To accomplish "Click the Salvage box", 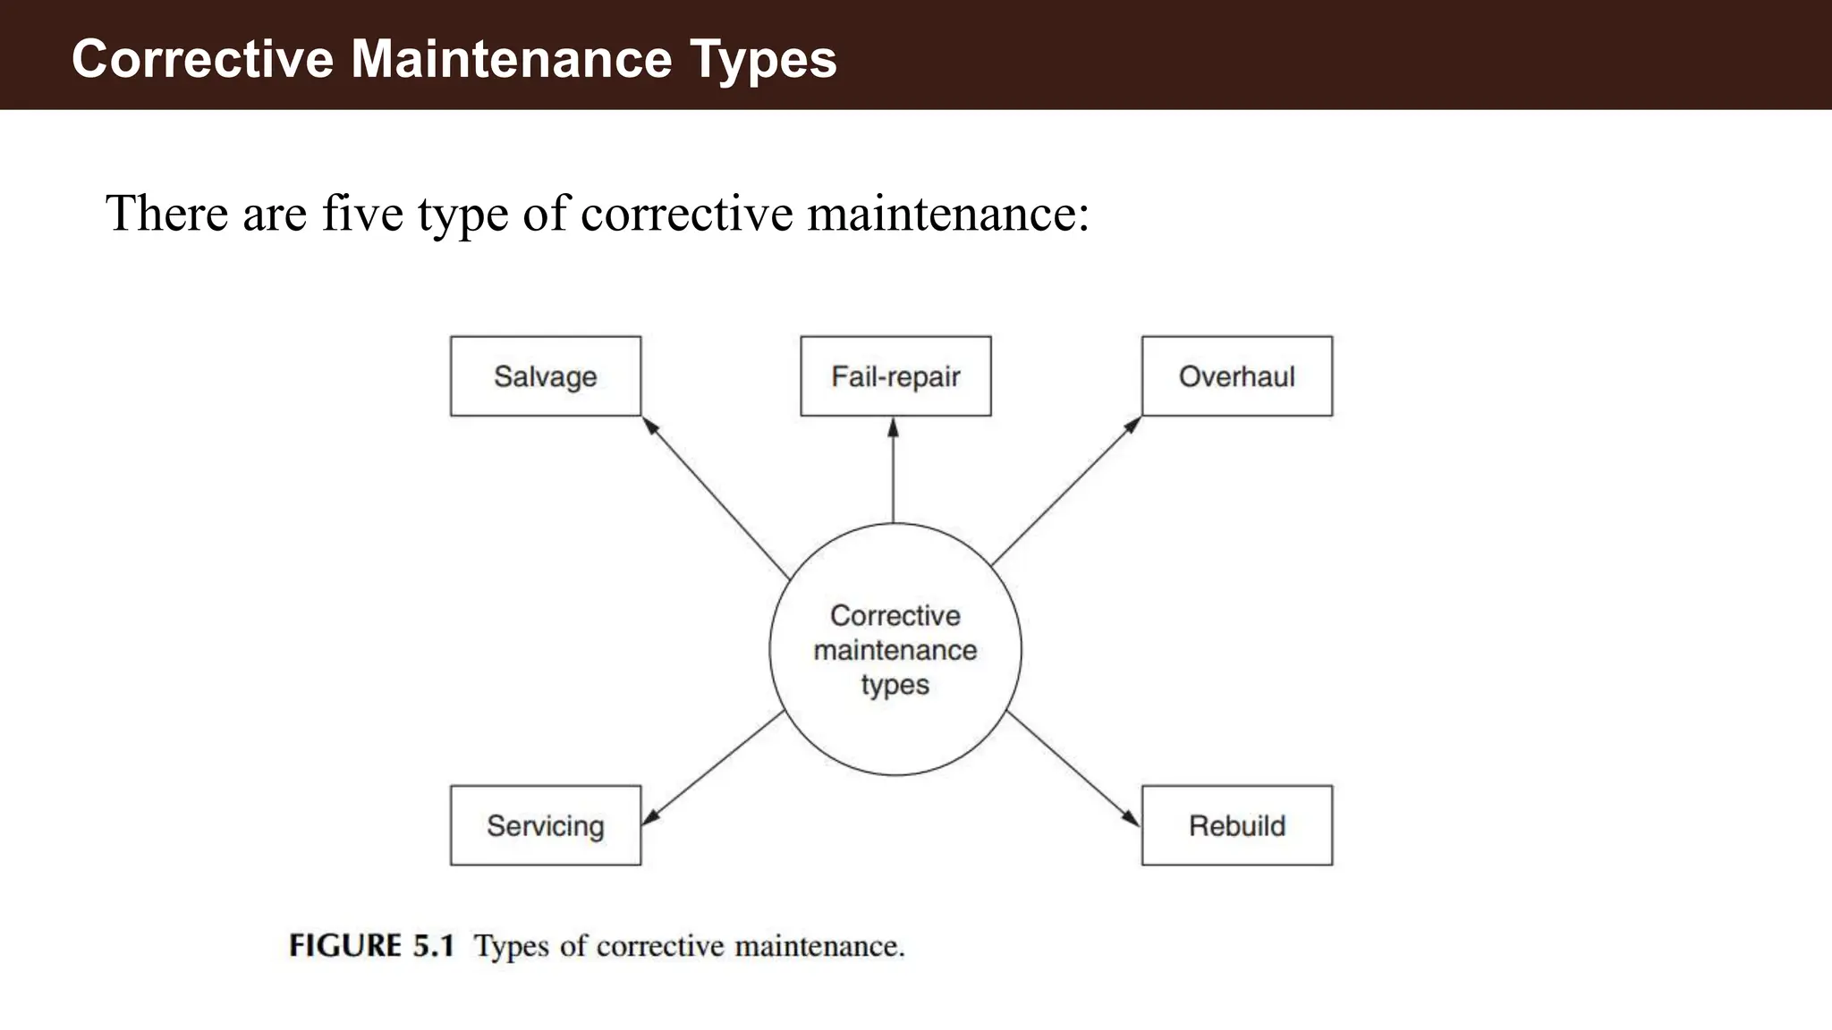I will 546,376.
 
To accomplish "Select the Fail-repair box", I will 895,376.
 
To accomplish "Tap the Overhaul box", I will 1236,376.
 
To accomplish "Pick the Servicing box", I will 546,825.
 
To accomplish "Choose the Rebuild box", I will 1236,825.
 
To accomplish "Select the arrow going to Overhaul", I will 1064,492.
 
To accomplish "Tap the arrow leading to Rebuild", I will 1073,769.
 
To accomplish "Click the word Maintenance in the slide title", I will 511,59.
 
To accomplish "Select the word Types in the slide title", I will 763,59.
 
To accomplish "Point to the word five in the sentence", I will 362,214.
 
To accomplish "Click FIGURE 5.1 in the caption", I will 372,946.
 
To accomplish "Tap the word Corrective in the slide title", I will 202,59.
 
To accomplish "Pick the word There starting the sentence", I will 166,214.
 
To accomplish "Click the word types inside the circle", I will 895,685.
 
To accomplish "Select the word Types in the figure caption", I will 511,946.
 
